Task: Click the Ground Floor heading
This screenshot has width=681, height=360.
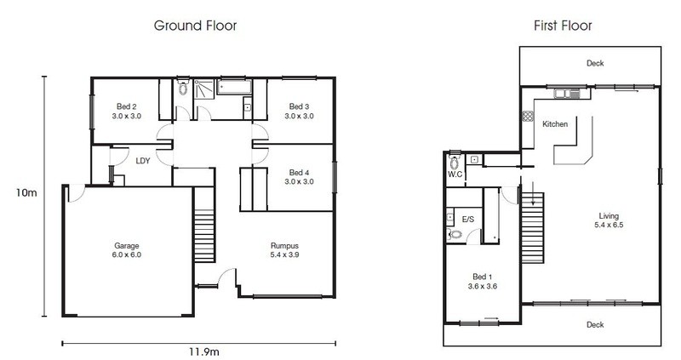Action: pos(195,26)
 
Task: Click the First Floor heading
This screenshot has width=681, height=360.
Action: pos(563,26)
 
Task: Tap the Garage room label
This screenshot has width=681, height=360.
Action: pos(126,250)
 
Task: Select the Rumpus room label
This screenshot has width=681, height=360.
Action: pos(284,250)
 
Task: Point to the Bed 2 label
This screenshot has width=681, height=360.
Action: pos(126,111)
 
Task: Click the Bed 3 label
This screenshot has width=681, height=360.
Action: pos(300,111)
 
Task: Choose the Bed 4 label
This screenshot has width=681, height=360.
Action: pos(300,177)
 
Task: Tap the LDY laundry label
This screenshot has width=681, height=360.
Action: pos(143,161)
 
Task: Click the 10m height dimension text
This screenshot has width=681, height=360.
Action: pos(26,193)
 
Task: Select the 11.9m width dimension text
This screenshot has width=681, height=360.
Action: pos(203,351)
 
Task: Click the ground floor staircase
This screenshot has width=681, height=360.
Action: pos(204,225)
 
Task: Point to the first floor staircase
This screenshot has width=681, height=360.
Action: pos(533,228)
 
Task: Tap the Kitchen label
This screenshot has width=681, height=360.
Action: pos(555,124)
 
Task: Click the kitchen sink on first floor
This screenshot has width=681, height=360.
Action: pos(567,94)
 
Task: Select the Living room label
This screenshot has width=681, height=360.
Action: pos(609,220)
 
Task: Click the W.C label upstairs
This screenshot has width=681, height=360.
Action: pos(455,174)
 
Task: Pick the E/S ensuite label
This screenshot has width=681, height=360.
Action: pos(468,220)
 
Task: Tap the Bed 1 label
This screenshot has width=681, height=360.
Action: pos(483,282)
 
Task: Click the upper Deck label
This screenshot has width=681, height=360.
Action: pos(595,63)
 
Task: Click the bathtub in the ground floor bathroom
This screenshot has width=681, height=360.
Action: pos(234,87)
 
